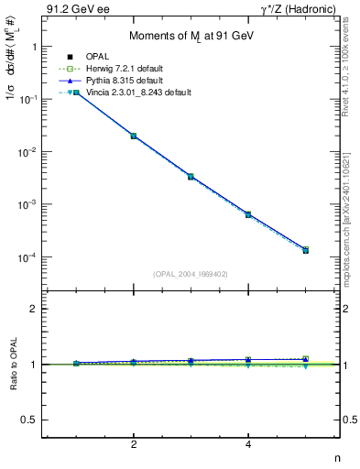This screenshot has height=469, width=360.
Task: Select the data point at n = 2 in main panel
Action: click(134, 136)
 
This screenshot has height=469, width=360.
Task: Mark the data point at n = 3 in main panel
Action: click(191, 176)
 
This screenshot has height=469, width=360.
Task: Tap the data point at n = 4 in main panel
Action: click(248, 214)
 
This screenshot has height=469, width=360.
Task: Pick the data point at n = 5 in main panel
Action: click(305, 250)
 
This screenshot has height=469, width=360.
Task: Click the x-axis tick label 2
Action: click(134, 444)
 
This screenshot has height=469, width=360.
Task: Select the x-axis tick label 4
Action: click(248, 444)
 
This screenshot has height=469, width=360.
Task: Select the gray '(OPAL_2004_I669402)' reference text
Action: click(191, 273)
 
